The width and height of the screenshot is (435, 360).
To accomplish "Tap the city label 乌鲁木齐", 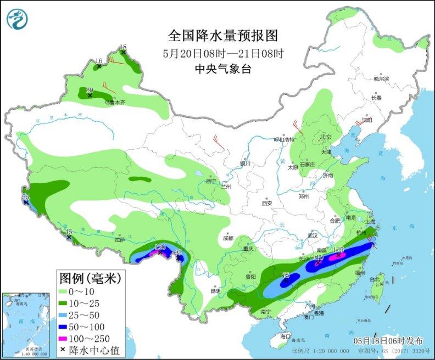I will [x=115, y=102].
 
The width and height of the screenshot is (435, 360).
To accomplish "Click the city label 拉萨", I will [x=120, y=240].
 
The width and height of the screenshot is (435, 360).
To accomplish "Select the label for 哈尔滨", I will [x=381, y=79].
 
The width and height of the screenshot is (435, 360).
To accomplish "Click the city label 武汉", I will [x=313, y=235].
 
